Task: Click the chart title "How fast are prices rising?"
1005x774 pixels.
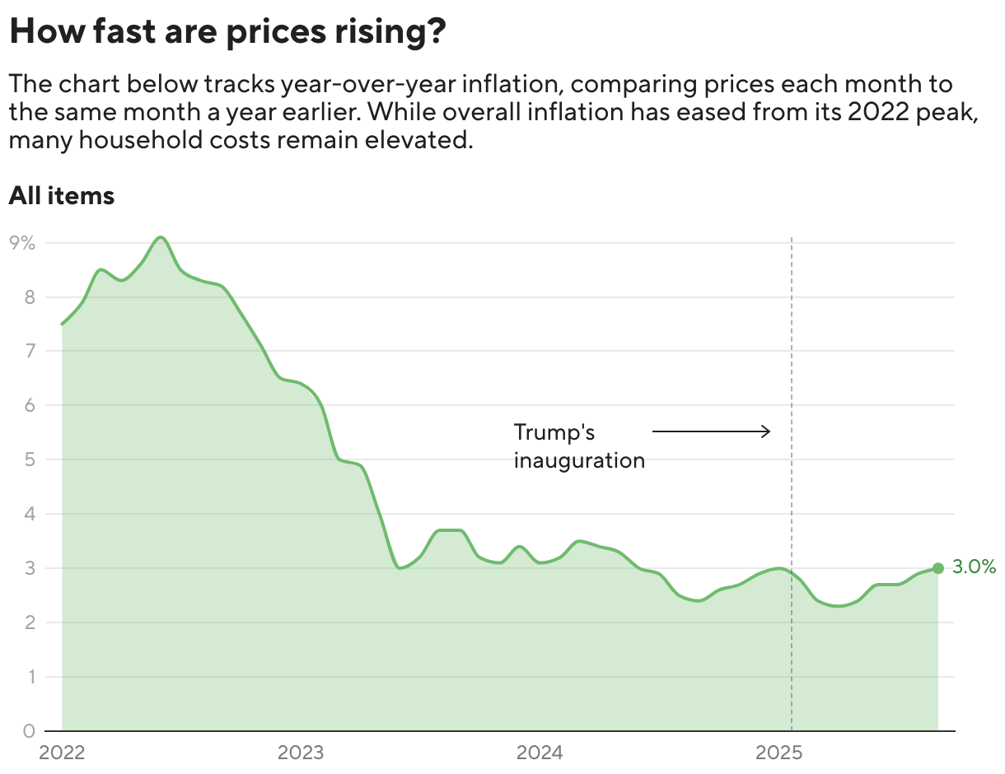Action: click(x=227, y=33)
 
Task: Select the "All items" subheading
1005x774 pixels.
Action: click(x=61, y=196)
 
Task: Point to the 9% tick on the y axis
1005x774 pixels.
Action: click(x=22, y=243)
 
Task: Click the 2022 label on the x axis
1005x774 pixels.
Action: click(x=63, y=753)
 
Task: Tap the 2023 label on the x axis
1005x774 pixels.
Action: click(x=301, y=753)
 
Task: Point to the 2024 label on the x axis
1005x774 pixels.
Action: click(x=540, y=753)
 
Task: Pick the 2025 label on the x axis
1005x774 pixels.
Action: click(x=778, y=753)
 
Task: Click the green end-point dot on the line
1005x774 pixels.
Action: click(x=937, y=568)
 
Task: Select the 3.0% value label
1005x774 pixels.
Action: click(x=974, y=567)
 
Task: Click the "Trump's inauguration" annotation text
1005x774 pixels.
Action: click(x=578, y=445)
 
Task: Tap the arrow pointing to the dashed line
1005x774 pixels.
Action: click(x=711, y=431)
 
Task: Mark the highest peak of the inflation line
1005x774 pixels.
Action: click(x=161, y=238)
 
